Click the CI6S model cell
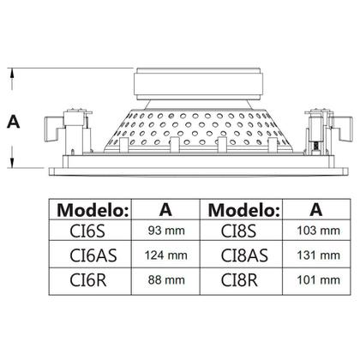click(87, 231)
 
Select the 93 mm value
click(166, 231)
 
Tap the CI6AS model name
click(93, 255)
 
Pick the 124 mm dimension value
click(165, 255)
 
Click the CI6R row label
click(88, 280)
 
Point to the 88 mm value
click(166, 280)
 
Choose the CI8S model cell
click(238, 231)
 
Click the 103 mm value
click(318, 231)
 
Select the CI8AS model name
click(244, 255)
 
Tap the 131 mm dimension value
click(318, 255)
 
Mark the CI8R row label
click(239, 280)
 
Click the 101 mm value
click(318, 280)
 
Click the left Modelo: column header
click(93, 211)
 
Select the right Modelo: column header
click(243, 211)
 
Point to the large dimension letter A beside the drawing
click(14, 122)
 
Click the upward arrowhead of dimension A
click(12, 74)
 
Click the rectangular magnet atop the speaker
click(198, 84)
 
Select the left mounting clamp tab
click(53, 129)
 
